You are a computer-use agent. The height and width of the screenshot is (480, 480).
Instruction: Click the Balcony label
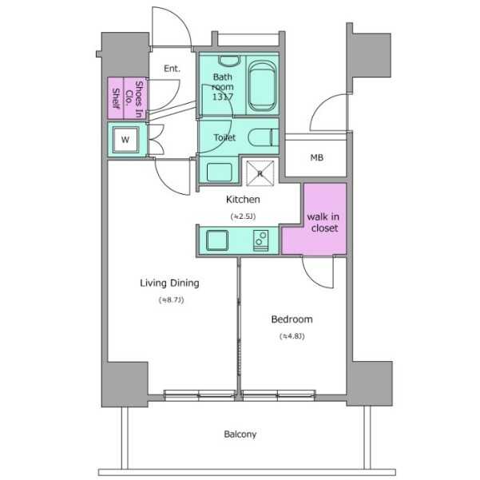point(240,434)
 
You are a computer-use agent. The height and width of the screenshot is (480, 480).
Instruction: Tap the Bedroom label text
point(292,319)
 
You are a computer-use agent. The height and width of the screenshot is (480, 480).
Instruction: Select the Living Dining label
point(169,283)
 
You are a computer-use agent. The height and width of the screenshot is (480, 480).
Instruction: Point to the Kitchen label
point(243,200)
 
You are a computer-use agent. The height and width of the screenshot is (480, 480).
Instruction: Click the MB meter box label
point(316,157)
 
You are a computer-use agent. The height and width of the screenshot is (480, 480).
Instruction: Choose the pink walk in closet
point(315,219)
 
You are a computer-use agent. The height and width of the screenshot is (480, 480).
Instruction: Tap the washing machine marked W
point(125,140)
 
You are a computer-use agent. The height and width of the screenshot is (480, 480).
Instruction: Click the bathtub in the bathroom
point(262,86)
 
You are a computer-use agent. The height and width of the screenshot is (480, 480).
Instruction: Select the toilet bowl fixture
point(264,137)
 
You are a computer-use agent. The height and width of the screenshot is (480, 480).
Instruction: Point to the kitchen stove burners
point(261,240)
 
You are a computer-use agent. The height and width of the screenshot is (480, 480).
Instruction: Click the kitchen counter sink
point(217,240)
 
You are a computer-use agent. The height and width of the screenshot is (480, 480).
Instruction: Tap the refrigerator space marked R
point(260,173)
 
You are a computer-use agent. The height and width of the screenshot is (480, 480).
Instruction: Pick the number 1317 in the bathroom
point(223,97)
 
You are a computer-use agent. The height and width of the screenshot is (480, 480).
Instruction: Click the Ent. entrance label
point(172,68)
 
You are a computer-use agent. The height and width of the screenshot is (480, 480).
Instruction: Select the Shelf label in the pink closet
point(116,98)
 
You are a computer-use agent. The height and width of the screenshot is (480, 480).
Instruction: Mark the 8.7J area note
point(172,300)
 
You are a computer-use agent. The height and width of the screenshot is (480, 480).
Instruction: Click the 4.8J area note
point(292,336)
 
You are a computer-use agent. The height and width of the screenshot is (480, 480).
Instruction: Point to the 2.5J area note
point(243,216)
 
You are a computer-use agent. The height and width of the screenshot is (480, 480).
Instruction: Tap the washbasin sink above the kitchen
point(219,172)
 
